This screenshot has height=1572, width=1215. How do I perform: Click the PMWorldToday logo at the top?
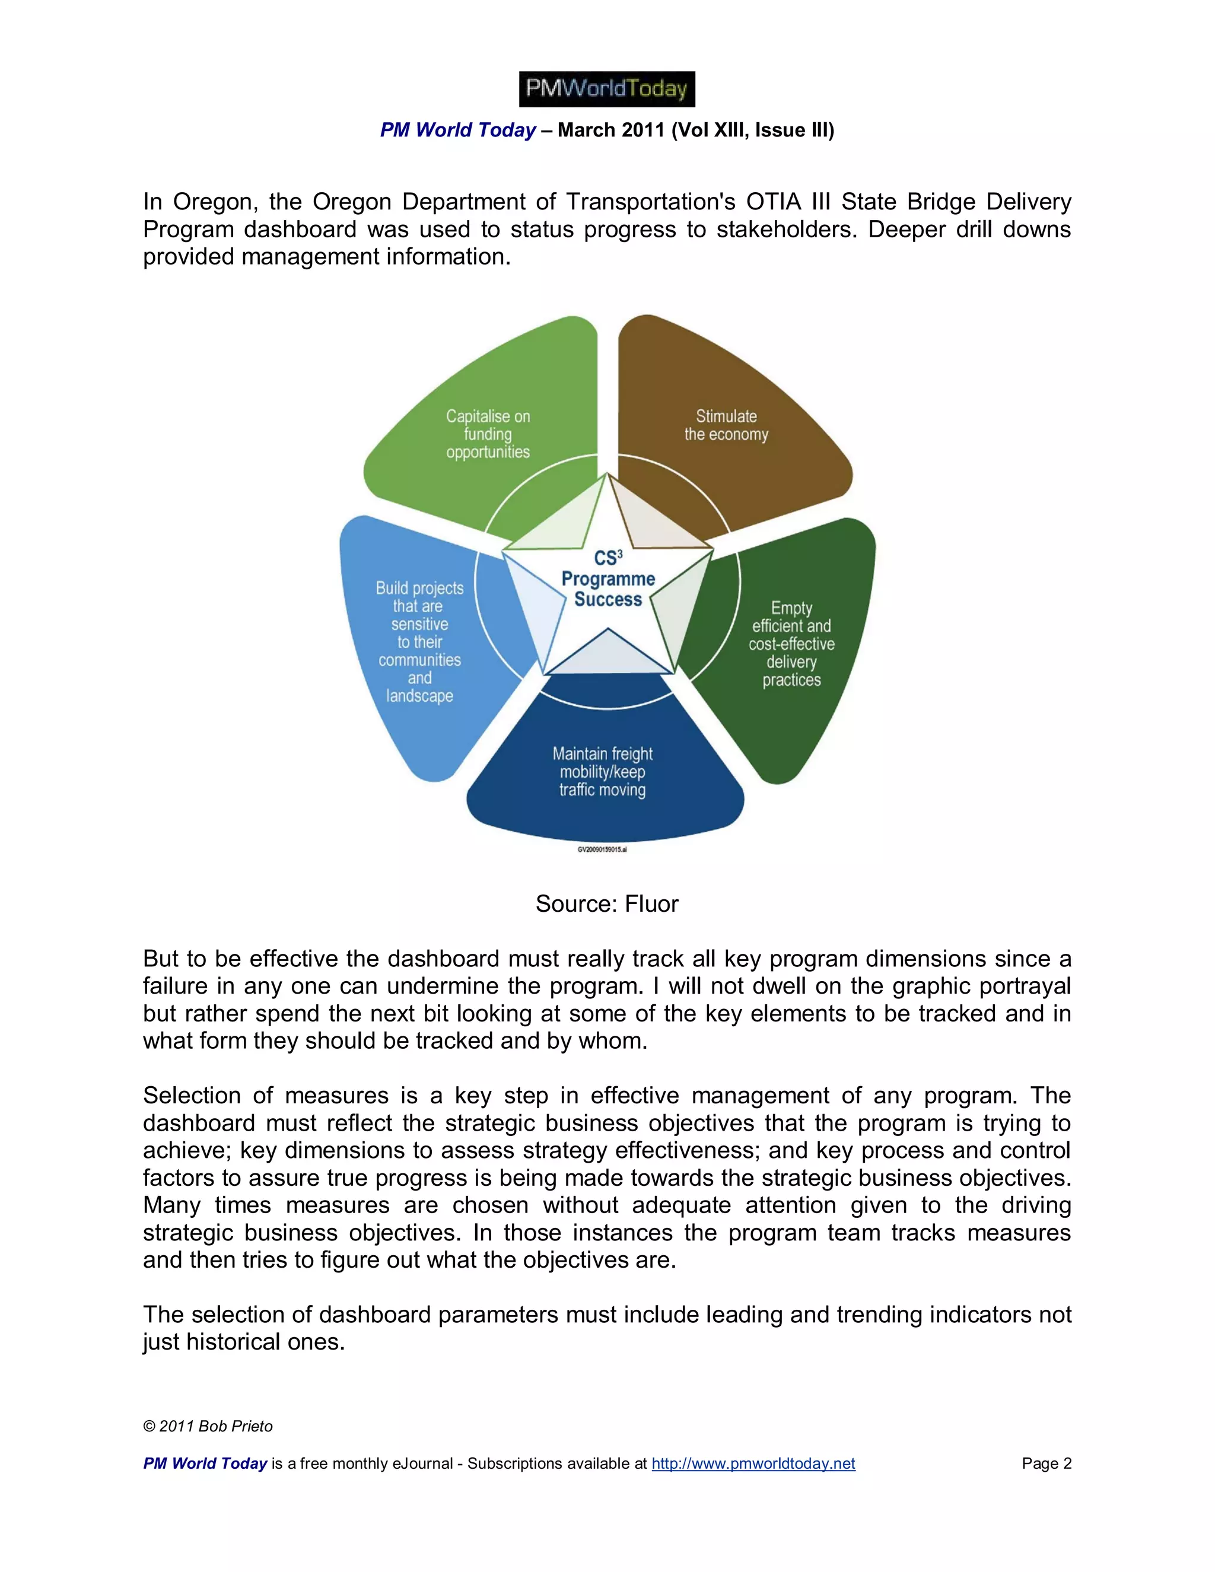(607, 89)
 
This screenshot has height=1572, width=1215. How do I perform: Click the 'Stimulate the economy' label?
(726, 425)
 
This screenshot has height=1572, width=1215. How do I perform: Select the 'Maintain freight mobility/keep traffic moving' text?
(603, 772)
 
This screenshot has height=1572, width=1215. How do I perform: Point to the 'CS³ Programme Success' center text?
(607, 579)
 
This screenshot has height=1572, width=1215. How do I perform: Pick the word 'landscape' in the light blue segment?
(419, 696)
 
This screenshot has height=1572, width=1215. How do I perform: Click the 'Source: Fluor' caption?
(607, 904)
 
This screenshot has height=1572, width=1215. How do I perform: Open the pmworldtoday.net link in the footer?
(753, 1463)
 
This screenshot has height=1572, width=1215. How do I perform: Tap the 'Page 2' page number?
(1046, 1463)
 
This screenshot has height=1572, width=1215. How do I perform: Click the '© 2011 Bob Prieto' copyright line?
(208, 1426)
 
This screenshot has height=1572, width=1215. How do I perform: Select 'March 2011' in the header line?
(610, 131)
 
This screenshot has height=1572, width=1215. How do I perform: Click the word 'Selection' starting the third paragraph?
(192, 1096)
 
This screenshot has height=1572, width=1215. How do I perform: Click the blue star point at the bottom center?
(607, 652)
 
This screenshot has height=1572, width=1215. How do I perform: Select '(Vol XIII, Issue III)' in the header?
(753, 131)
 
